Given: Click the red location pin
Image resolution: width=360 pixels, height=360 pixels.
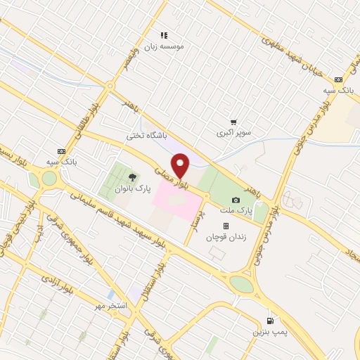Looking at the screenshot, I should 181,165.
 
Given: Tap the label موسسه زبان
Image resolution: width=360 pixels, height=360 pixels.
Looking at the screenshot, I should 165,46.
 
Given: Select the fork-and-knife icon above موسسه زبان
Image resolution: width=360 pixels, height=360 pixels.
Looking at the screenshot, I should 164,34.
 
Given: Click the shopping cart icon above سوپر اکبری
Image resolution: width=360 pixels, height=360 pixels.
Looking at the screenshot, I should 233,120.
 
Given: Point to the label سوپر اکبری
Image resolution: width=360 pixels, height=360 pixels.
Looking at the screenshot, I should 233,131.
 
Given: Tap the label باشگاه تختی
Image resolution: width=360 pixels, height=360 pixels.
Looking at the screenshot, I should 146,136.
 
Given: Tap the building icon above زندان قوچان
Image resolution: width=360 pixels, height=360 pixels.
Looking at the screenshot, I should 226,226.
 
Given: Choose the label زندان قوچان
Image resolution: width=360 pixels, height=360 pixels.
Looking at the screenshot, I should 226,238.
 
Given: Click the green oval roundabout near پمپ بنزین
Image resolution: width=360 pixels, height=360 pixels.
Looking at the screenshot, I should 241,284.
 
